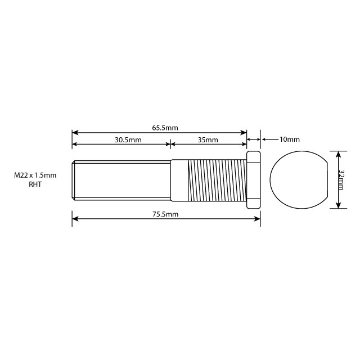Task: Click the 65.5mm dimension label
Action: click(x=165, y=128)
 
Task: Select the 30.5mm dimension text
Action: click(x=128, y=139)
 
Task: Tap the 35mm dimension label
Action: click(x=208, y=139)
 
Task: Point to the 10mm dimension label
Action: click(x=289, y=139)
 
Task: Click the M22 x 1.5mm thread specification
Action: click(x=35, y=175)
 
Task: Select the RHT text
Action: click(x=35, y=184)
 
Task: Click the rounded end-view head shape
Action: click(x=299, y=179)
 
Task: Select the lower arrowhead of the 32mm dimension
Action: click(x=337, y=205)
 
